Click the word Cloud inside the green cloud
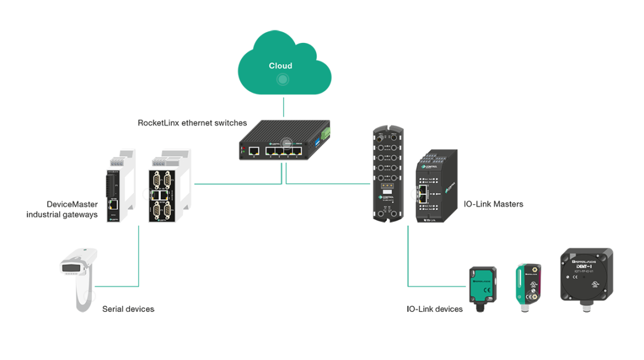click(281, 66)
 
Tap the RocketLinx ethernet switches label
click(192, 123)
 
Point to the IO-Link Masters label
click(493, 204)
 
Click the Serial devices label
click(128, 309)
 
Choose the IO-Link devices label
click(435, 309)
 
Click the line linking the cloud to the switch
click(283, 106)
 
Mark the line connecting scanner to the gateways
click(138, 256)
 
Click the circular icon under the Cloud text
click(283, 79)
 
